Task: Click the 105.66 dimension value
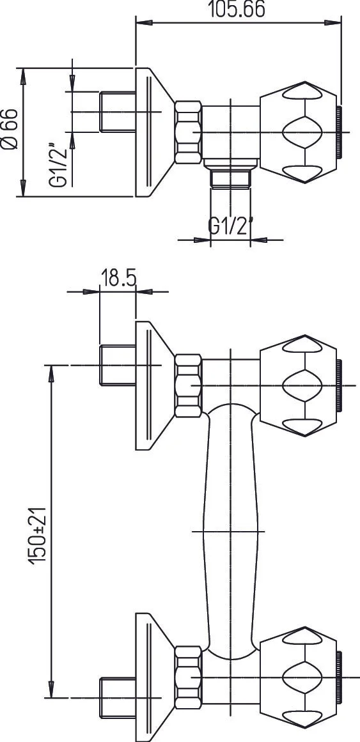(x=236, y=10)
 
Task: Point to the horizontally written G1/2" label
(x=231, y=226)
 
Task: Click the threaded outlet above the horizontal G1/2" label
(x=230, y=179)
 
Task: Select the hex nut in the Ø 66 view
(x=188, y=132)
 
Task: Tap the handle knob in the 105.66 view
(x=297, y=132)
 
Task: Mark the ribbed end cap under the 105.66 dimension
(x=341, y=132)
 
